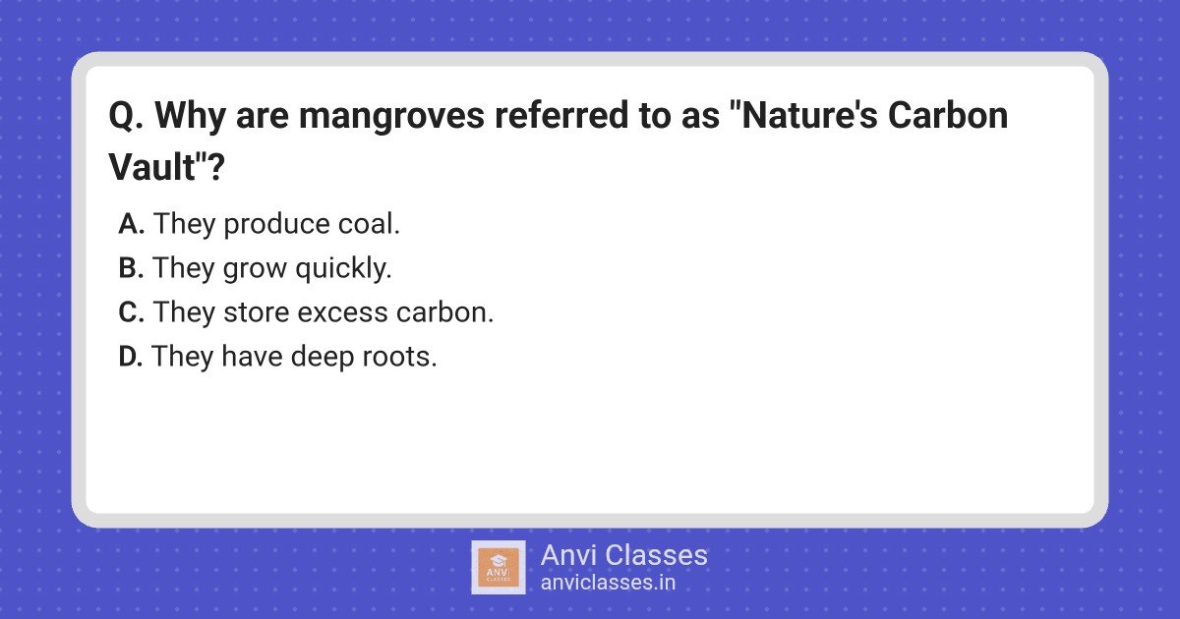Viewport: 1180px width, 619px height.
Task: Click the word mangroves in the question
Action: [391, 117]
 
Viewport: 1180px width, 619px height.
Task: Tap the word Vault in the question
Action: [151, 167]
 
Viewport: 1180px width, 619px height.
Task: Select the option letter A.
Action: [130, 224]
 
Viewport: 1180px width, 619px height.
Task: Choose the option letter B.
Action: [130, 268]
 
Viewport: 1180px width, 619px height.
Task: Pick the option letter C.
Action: [131, 312]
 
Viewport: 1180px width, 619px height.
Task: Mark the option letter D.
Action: [130, 357]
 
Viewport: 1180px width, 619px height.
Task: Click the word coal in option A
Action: [369, 224]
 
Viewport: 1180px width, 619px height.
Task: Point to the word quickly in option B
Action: [343, 269]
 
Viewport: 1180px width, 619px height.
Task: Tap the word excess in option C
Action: [342, 313]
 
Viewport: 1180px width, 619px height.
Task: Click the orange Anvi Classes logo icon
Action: [499, 567]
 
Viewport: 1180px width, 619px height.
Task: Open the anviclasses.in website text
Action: [608, 583]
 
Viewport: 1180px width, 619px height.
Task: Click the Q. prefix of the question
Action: [126, 116]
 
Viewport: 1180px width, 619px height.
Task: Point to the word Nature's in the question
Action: [809, 116]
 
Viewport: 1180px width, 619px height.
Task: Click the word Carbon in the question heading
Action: [948, 116]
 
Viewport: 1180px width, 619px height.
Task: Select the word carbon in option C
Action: [444, 312]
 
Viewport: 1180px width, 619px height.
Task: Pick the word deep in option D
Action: [322, 358]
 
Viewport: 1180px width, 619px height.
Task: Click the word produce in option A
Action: [276, 225]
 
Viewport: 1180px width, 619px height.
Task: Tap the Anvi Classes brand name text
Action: [623, 555]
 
